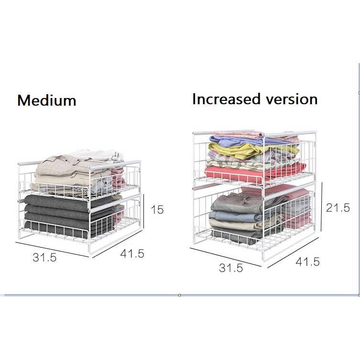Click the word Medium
46,100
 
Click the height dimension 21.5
338,207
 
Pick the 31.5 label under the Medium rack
44,257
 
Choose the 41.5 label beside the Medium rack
132,254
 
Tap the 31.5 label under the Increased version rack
231,268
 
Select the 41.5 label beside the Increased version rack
307,262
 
